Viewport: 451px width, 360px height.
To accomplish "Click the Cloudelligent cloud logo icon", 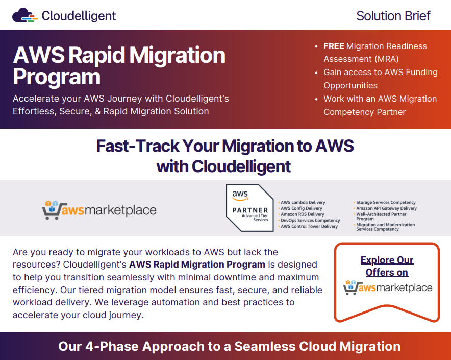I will tap(25, 16).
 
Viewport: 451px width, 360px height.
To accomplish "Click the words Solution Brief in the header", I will tap(393, 16).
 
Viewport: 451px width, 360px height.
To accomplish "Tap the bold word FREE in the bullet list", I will tap(334, 46).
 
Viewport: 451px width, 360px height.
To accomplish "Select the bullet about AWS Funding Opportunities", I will tap(380, 79).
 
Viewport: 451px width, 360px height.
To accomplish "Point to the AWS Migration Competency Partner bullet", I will tap(380, 105).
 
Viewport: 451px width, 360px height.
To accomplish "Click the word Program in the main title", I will tap(57, 77).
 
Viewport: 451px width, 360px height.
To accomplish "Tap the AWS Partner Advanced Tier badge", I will tap(250, 208).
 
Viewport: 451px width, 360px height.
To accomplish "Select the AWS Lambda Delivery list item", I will tap(303, 203).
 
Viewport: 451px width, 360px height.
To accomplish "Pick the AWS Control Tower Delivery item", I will tap(309, 226).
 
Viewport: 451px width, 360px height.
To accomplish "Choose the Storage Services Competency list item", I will tap(386, 203).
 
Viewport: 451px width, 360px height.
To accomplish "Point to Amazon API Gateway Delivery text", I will tap(386, 208).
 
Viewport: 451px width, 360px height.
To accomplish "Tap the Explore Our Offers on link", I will tap(387, 266).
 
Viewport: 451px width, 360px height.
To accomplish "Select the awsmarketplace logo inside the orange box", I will tap(387, 287).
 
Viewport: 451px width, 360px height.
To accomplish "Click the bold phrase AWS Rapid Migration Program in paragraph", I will tap(197, 265).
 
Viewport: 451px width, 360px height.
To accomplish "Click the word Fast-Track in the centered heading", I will tap(138, 146).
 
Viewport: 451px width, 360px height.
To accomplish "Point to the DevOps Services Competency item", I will tap(310, 221).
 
